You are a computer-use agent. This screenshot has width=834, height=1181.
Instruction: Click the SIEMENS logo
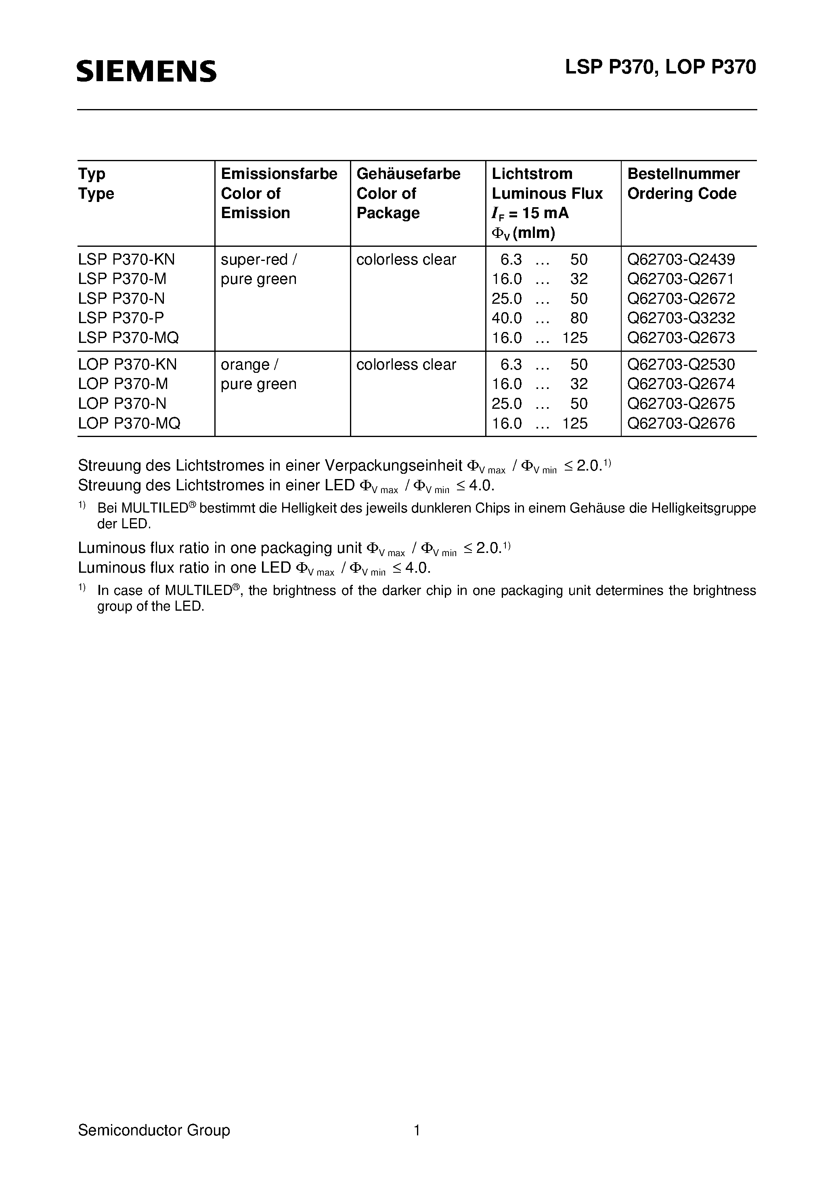(147, 71)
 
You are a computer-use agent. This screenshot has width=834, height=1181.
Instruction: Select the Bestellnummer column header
(683, 174)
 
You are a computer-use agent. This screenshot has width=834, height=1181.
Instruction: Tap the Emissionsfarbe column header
(279, 174)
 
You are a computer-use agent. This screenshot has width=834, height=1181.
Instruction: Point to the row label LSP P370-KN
(126, 259)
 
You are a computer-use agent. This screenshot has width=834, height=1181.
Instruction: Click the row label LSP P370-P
(122, 318)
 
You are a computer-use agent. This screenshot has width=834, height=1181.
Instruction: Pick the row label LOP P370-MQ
(129, 423)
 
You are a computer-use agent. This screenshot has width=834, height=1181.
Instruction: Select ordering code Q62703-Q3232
(681, 318)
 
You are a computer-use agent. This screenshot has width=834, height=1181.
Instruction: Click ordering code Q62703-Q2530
(681, 364)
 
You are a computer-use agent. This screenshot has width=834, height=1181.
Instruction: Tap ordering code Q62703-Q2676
(681, 423)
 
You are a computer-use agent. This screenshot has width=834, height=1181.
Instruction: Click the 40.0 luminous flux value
(507, 318)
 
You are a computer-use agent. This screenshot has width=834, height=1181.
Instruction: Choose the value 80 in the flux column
(578, 318)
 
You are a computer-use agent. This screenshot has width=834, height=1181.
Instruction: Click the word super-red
(254, 259)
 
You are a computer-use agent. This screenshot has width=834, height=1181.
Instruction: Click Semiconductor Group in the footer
(154, 1130)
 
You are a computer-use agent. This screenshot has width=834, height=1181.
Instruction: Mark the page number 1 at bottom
(417, 1130)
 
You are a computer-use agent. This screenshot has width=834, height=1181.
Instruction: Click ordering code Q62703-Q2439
(681, 259)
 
